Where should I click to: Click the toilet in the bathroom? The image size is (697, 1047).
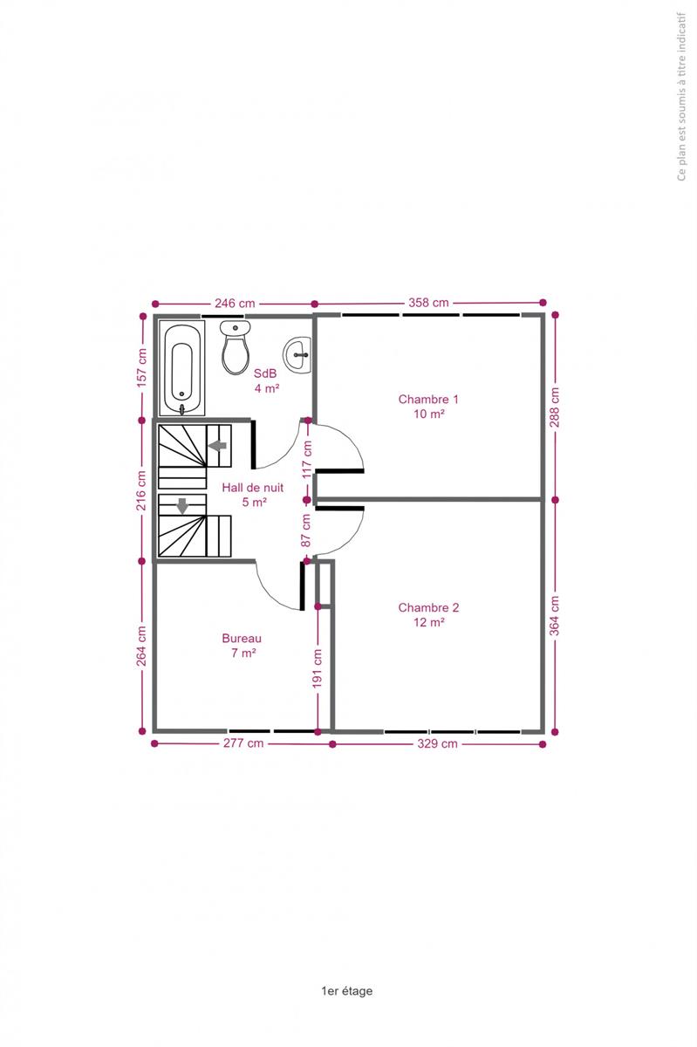[x=235, y=347]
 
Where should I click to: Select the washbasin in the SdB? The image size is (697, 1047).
[x=297, y=355]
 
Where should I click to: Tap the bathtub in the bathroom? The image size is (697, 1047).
[x=181, y=368]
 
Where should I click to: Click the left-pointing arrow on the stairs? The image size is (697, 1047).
[x=217, y=446]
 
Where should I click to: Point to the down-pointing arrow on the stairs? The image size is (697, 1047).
[x=182, y=506]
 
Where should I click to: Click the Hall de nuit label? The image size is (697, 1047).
[x=252, y=488]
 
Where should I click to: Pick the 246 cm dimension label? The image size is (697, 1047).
[x=235, y=304]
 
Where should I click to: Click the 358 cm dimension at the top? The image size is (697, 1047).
[x=428, y=303]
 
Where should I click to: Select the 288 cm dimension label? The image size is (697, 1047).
[x=555, y=407]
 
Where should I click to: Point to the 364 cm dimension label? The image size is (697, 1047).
[x=555, y=616]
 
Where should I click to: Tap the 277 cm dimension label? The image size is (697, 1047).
[x=243, y=743]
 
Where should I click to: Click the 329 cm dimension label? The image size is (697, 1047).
[x=437, y=743]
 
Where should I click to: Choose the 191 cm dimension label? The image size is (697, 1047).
[x=318, y=668]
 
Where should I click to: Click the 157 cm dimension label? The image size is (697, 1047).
[x=141, y=368]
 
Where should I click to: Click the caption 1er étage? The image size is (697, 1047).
[x=347, y=991]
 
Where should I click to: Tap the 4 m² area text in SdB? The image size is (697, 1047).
[x=267, y=388]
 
